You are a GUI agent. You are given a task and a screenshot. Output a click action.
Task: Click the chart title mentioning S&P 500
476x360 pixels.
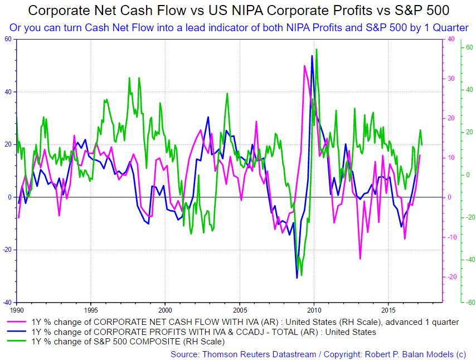click(x=238, y=11)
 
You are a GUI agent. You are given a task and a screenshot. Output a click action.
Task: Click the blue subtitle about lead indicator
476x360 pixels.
click(x=238, y=27)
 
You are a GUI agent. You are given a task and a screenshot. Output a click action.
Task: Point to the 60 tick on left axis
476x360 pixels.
click(x=8, y=39)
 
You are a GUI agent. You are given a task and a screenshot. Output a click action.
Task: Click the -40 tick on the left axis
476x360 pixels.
click(x=8, y=303)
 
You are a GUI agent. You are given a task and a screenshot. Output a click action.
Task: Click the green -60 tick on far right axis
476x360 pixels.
click(x=470, y=303)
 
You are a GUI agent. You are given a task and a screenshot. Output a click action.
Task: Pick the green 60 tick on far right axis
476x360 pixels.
click(x=469, y=48)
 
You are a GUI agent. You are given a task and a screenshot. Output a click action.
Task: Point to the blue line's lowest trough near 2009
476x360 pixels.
click(x=297, y=278)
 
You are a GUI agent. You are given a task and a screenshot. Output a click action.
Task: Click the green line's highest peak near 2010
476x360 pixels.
click(x=317, y=49)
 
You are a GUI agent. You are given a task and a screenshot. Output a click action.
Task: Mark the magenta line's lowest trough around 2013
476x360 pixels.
click(x=361, y=259)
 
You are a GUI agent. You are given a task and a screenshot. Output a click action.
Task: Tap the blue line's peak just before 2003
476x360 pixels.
click(x=208, y=117)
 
